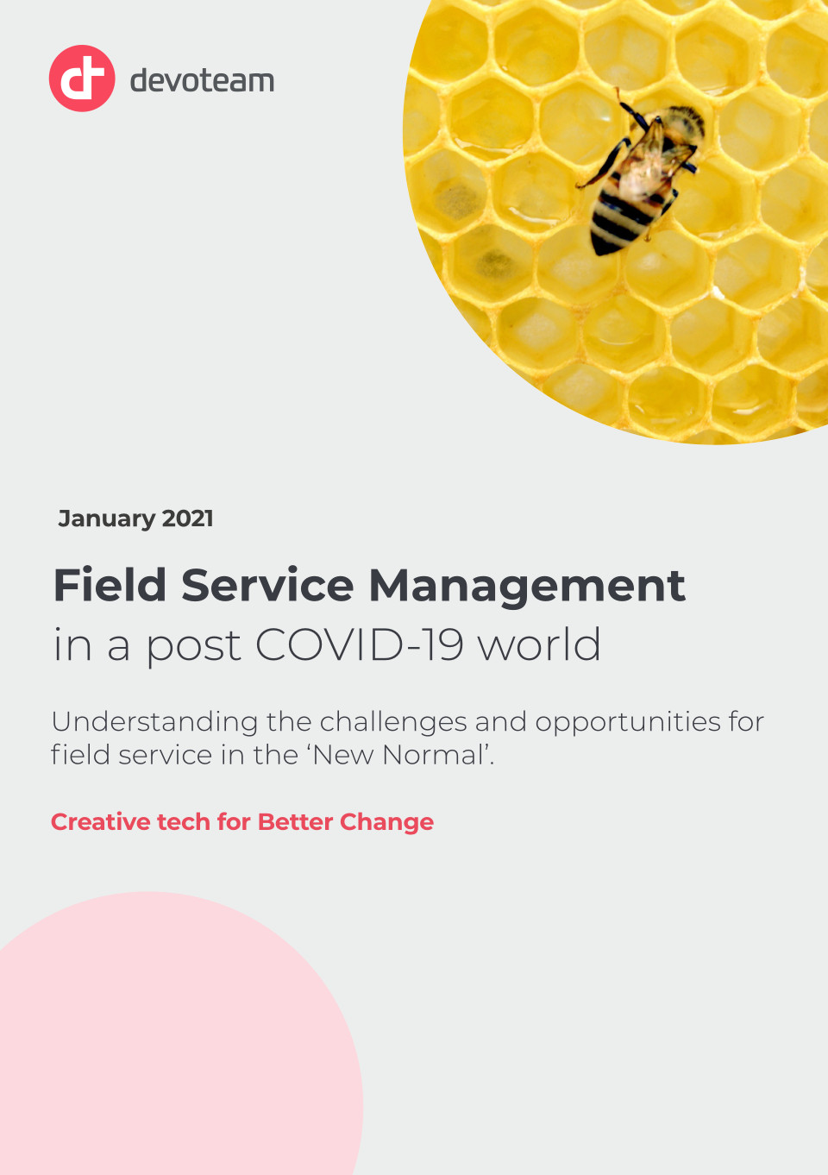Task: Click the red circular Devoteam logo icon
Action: (x=82, y=79)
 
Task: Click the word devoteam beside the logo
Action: (x=202, y=81)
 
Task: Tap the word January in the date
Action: (x=107, y=519)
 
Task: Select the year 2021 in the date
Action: (x=188, y=518)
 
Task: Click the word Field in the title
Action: (x=110, y=585)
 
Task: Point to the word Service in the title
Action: (x=267, y=585)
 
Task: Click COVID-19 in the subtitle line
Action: (x=359, y=644)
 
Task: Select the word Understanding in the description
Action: (x=154, y=723)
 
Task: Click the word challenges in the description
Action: (x=392, y=723)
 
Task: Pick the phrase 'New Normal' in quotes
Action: (x=402, y=756)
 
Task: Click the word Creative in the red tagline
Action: (x=101, y=822)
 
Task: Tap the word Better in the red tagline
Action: (x=295, y=822)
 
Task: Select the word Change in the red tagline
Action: (x=386, y=823)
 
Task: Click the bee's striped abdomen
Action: (x=620, y=221)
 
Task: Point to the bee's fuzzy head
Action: (x=683, y=122)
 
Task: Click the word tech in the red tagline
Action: (x=184, y=822)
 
